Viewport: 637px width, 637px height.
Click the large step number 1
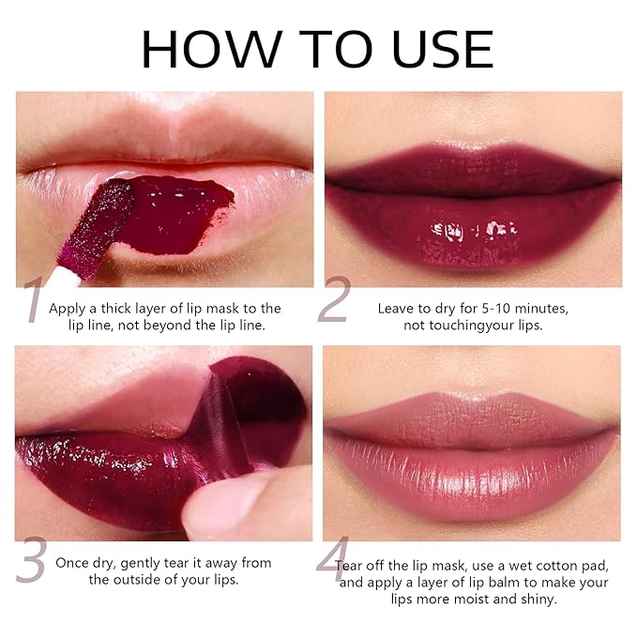click(x=34, y=301)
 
